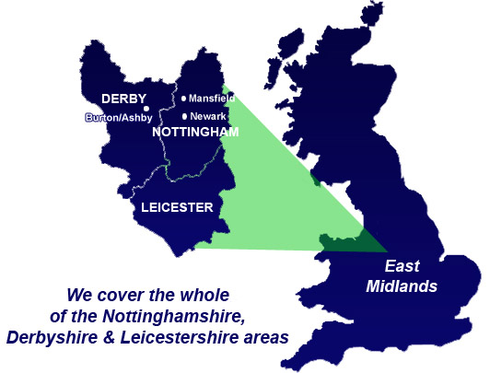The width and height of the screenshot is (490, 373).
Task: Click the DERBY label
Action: coord(122,99)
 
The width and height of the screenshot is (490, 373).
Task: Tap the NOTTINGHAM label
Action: coord(196,133)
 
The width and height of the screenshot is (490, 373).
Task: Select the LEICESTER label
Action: coord(177,207)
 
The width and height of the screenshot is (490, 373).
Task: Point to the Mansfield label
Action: coord(213,99)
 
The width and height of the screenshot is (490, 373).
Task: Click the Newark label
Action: coord(207,117)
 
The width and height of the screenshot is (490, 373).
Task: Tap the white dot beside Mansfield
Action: coord(184,99)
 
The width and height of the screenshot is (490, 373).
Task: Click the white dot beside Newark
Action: coord(185,116)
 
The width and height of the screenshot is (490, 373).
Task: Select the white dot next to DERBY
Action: coord(146,108)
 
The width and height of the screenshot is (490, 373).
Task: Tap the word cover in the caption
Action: coord(120,296)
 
